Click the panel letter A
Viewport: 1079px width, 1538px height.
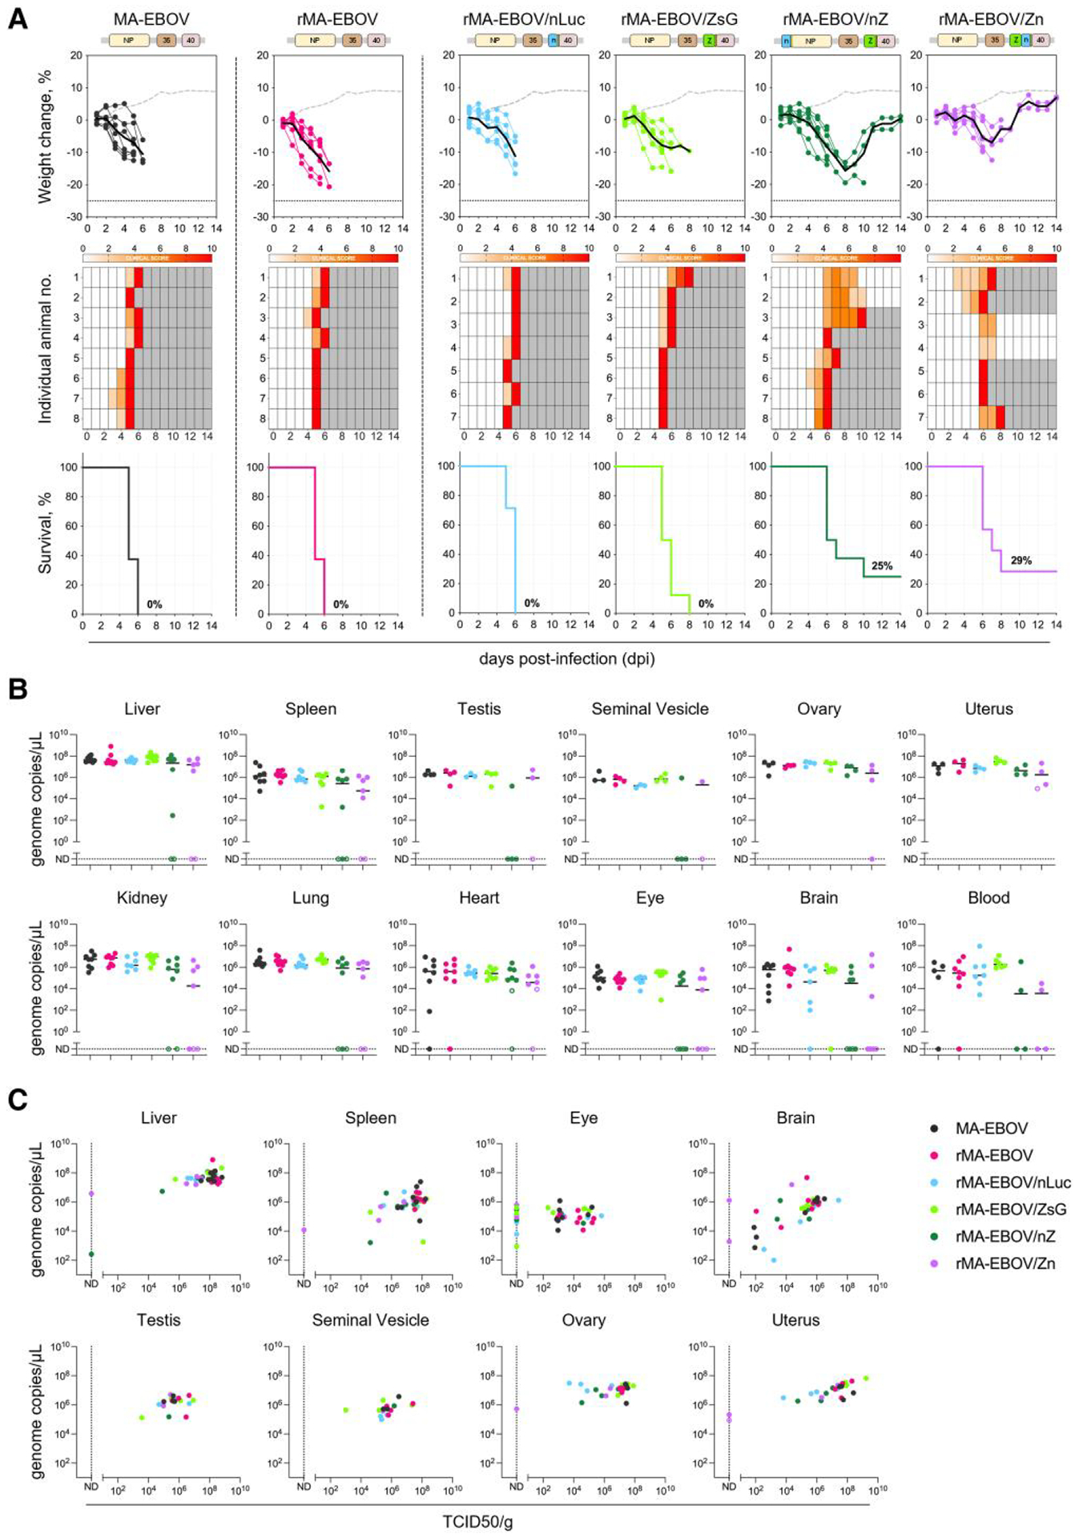[x=17, y=18]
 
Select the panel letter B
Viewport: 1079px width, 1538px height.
[x=17, y=689]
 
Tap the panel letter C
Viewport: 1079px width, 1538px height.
[x=17, y=1100]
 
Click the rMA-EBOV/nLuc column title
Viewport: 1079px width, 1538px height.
[x=524, y=19]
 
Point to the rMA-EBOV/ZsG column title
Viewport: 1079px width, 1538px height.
[x=680, y=19]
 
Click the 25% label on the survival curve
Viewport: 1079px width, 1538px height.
[x=881, y=566]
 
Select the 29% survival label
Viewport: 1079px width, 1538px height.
[x=1021, y=561]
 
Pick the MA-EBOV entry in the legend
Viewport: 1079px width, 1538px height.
[x=991, y=1128]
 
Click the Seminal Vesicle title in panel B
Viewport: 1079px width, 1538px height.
[x=650, y=709]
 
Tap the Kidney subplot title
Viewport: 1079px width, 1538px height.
[x=142, y=898]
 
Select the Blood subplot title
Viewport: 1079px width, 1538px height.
[x=988, y=898]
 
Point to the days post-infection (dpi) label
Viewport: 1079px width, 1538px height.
[x=566, y=659]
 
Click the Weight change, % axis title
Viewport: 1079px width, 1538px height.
[x=45, y=136]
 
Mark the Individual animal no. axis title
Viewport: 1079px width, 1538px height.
[x=45, y=348]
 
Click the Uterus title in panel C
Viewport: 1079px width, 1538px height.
[x=795, y=1320]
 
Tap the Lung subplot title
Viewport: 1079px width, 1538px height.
[x=311, y=898]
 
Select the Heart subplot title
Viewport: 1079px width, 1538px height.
[x=479, y=898]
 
